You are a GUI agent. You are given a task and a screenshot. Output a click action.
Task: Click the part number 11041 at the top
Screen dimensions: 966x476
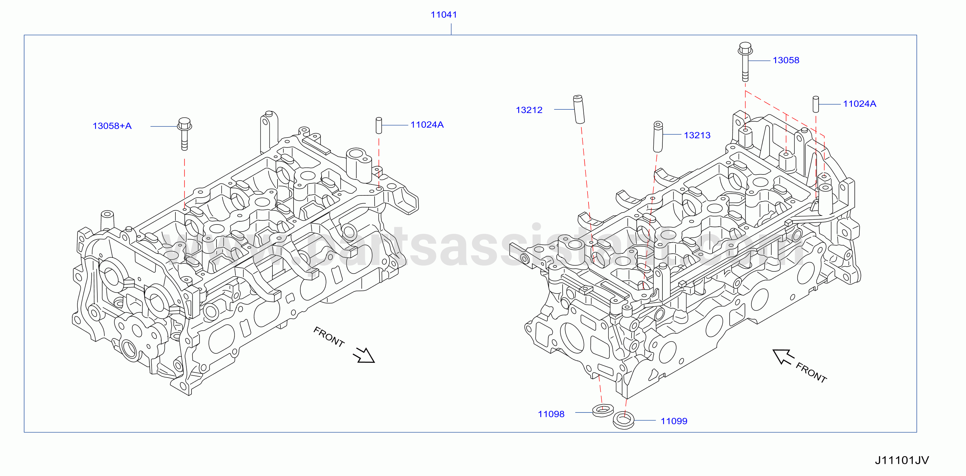[444, 15]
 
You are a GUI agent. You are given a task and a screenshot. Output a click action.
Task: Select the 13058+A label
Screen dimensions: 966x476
[112, 126]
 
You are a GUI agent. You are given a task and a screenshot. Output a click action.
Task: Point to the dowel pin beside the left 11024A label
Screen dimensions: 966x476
[379, 125]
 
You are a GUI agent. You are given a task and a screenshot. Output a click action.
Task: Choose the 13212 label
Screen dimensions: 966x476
[529, 110]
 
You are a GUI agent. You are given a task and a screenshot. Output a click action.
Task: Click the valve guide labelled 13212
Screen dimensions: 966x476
[579, 109]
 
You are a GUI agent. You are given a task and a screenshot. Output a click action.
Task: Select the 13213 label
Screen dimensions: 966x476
[697, 135]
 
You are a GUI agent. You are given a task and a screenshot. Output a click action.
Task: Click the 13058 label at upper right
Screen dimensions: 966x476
[786, 60]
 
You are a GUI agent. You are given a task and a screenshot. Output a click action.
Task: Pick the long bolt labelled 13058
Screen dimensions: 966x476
[745, 62]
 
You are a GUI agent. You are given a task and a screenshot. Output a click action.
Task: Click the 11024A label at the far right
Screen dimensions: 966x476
[859, 104]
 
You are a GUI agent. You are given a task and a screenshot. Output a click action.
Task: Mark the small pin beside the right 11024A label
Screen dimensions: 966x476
[816, 104]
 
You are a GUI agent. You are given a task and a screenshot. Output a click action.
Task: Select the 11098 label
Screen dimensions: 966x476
[551, 414]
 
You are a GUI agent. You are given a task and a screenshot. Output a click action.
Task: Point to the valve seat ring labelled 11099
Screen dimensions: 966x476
[624, 420]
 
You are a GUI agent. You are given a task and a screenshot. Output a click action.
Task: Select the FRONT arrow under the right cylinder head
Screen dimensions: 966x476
[784, 357]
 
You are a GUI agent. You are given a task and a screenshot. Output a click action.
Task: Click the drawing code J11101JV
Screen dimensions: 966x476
[902, 460]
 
